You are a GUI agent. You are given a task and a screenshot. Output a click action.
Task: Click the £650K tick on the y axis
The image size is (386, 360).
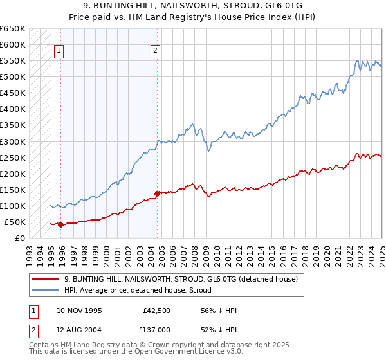(13, 29)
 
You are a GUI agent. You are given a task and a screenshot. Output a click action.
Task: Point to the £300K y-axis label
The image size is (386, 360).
(13, 141)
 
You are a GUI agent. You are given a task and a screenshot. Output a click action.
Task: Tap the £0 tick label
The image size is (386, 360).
(20, 239)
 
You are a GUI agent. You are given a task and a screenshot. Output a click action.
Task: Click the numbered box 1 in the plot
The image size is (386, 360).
(59, 51)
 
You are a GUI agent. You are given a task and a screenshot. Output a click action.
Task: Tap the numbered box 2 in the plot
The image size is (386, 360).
(156, 51)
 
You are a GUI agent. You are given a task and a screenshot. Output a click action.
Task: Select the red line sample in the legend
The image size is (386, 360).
(47, 280)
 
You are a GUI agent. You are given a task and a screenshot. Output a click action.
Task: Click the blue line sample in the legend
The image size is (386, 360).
(47, 291)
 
